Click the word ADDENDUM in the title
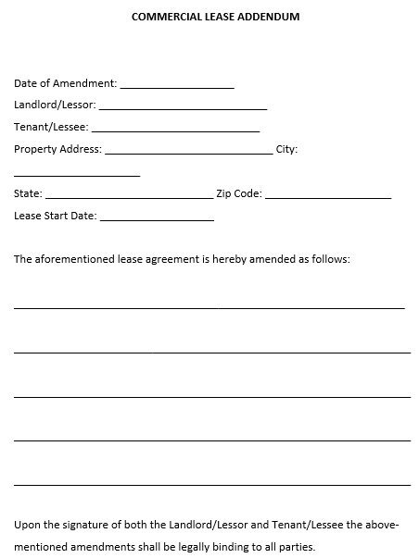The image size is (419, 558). coord(269,17)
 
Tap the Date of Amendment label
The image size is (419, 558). coord(65,83)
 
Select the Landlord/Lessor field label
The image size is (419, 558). coord(55,105)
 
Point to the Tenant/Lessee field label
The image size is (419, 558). coord(50,127)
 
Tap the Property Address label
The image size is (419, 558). coord(57,148)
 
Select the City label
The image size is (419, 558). coord(286,148)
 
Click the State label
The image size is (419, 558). coord(28,194)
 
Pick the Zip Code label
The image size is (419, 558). coord(239,194)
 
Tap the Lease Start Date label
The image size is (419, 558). coord(55,217)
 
